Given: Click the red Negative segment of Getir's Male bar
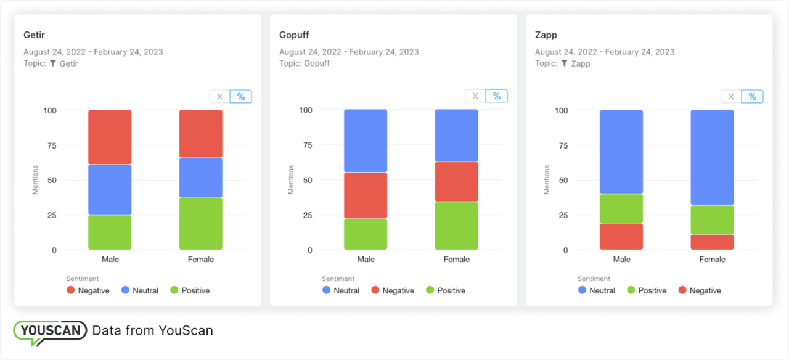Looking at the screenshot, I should pos(110,137).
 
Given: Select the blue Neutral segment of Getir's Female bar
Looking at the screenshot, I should pos(201,178).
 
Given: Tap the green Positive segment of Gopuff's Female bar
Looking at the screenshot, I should pos(457,226).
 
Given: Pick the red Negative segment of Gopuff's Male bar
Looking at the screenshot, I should pos(366,195).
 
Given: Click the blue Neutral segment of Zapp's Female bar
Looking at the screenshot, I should pos(712,157).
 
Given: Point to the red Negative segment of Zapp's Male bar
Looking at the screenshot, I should pos(621,236).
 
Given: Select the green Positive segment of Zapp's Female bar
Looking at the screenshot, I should pos(712,219).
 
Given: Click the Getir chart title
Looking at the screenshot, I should pos(34,35).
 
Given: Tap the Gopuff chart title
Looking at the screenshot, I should pos(295,35).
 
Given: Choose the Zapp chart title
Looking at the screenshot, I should pos(546,35).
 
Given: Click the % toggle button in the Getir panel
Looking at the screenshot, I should pos(241,97).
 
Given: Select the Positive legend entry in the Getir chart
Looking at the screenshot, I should pos(190,290).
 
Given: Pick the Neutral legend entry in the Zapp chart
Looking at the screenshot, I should pos(597,290).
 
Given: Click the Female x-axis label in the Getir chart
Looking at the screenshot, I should pos(201,260).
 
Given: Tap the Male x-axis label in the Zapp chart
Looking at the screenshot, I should pos(621,260).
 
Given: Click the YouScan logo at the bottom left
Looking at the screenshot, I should pos(51,331).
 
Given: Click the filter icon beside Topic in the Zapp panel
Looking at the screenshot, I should pos(565,63).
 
